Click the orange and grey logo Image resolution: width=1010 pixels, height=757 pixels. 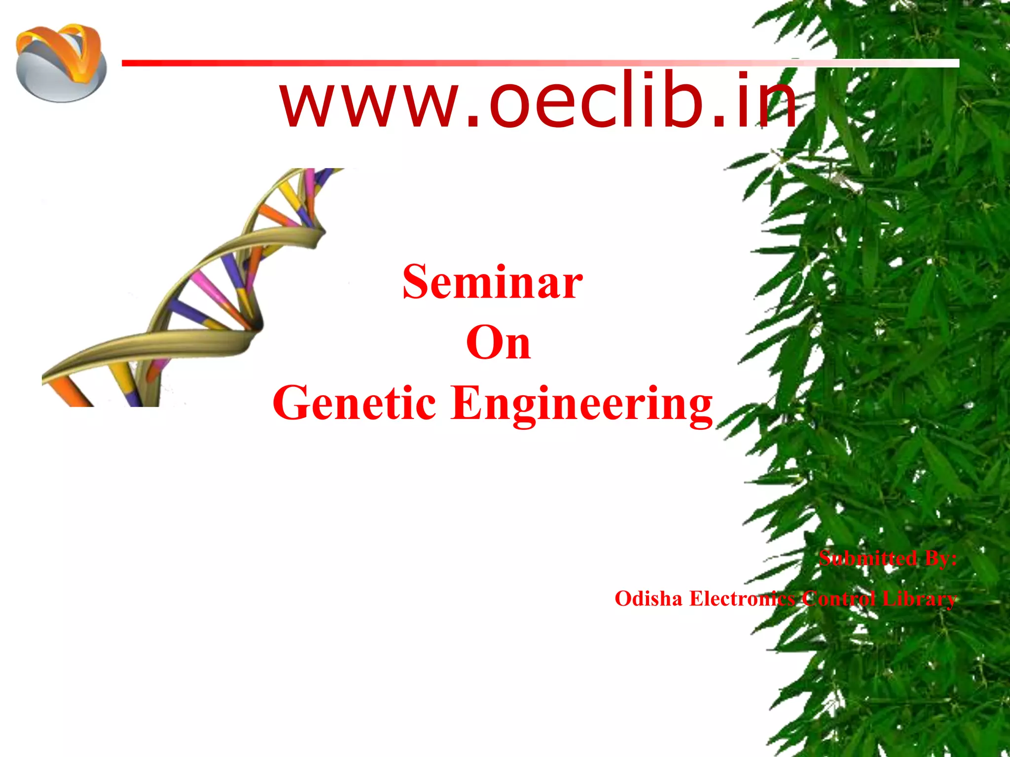point(61,63)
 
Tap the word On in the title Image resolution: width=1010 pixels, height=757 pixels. point(498,343)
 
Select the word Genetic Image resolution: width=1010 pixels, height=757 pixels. point(354,403)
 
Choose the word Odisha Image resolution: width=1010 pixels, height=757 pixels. point(648,599)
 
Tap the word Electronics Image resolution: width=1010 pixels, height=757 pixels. point(742,599)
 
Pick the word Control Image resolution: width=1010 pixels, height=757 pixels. point(838,599)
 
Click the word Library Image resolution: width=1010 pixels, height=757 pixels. point(919,599)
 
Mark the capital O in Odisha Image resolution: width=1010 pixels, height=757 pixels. point(623,599)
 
